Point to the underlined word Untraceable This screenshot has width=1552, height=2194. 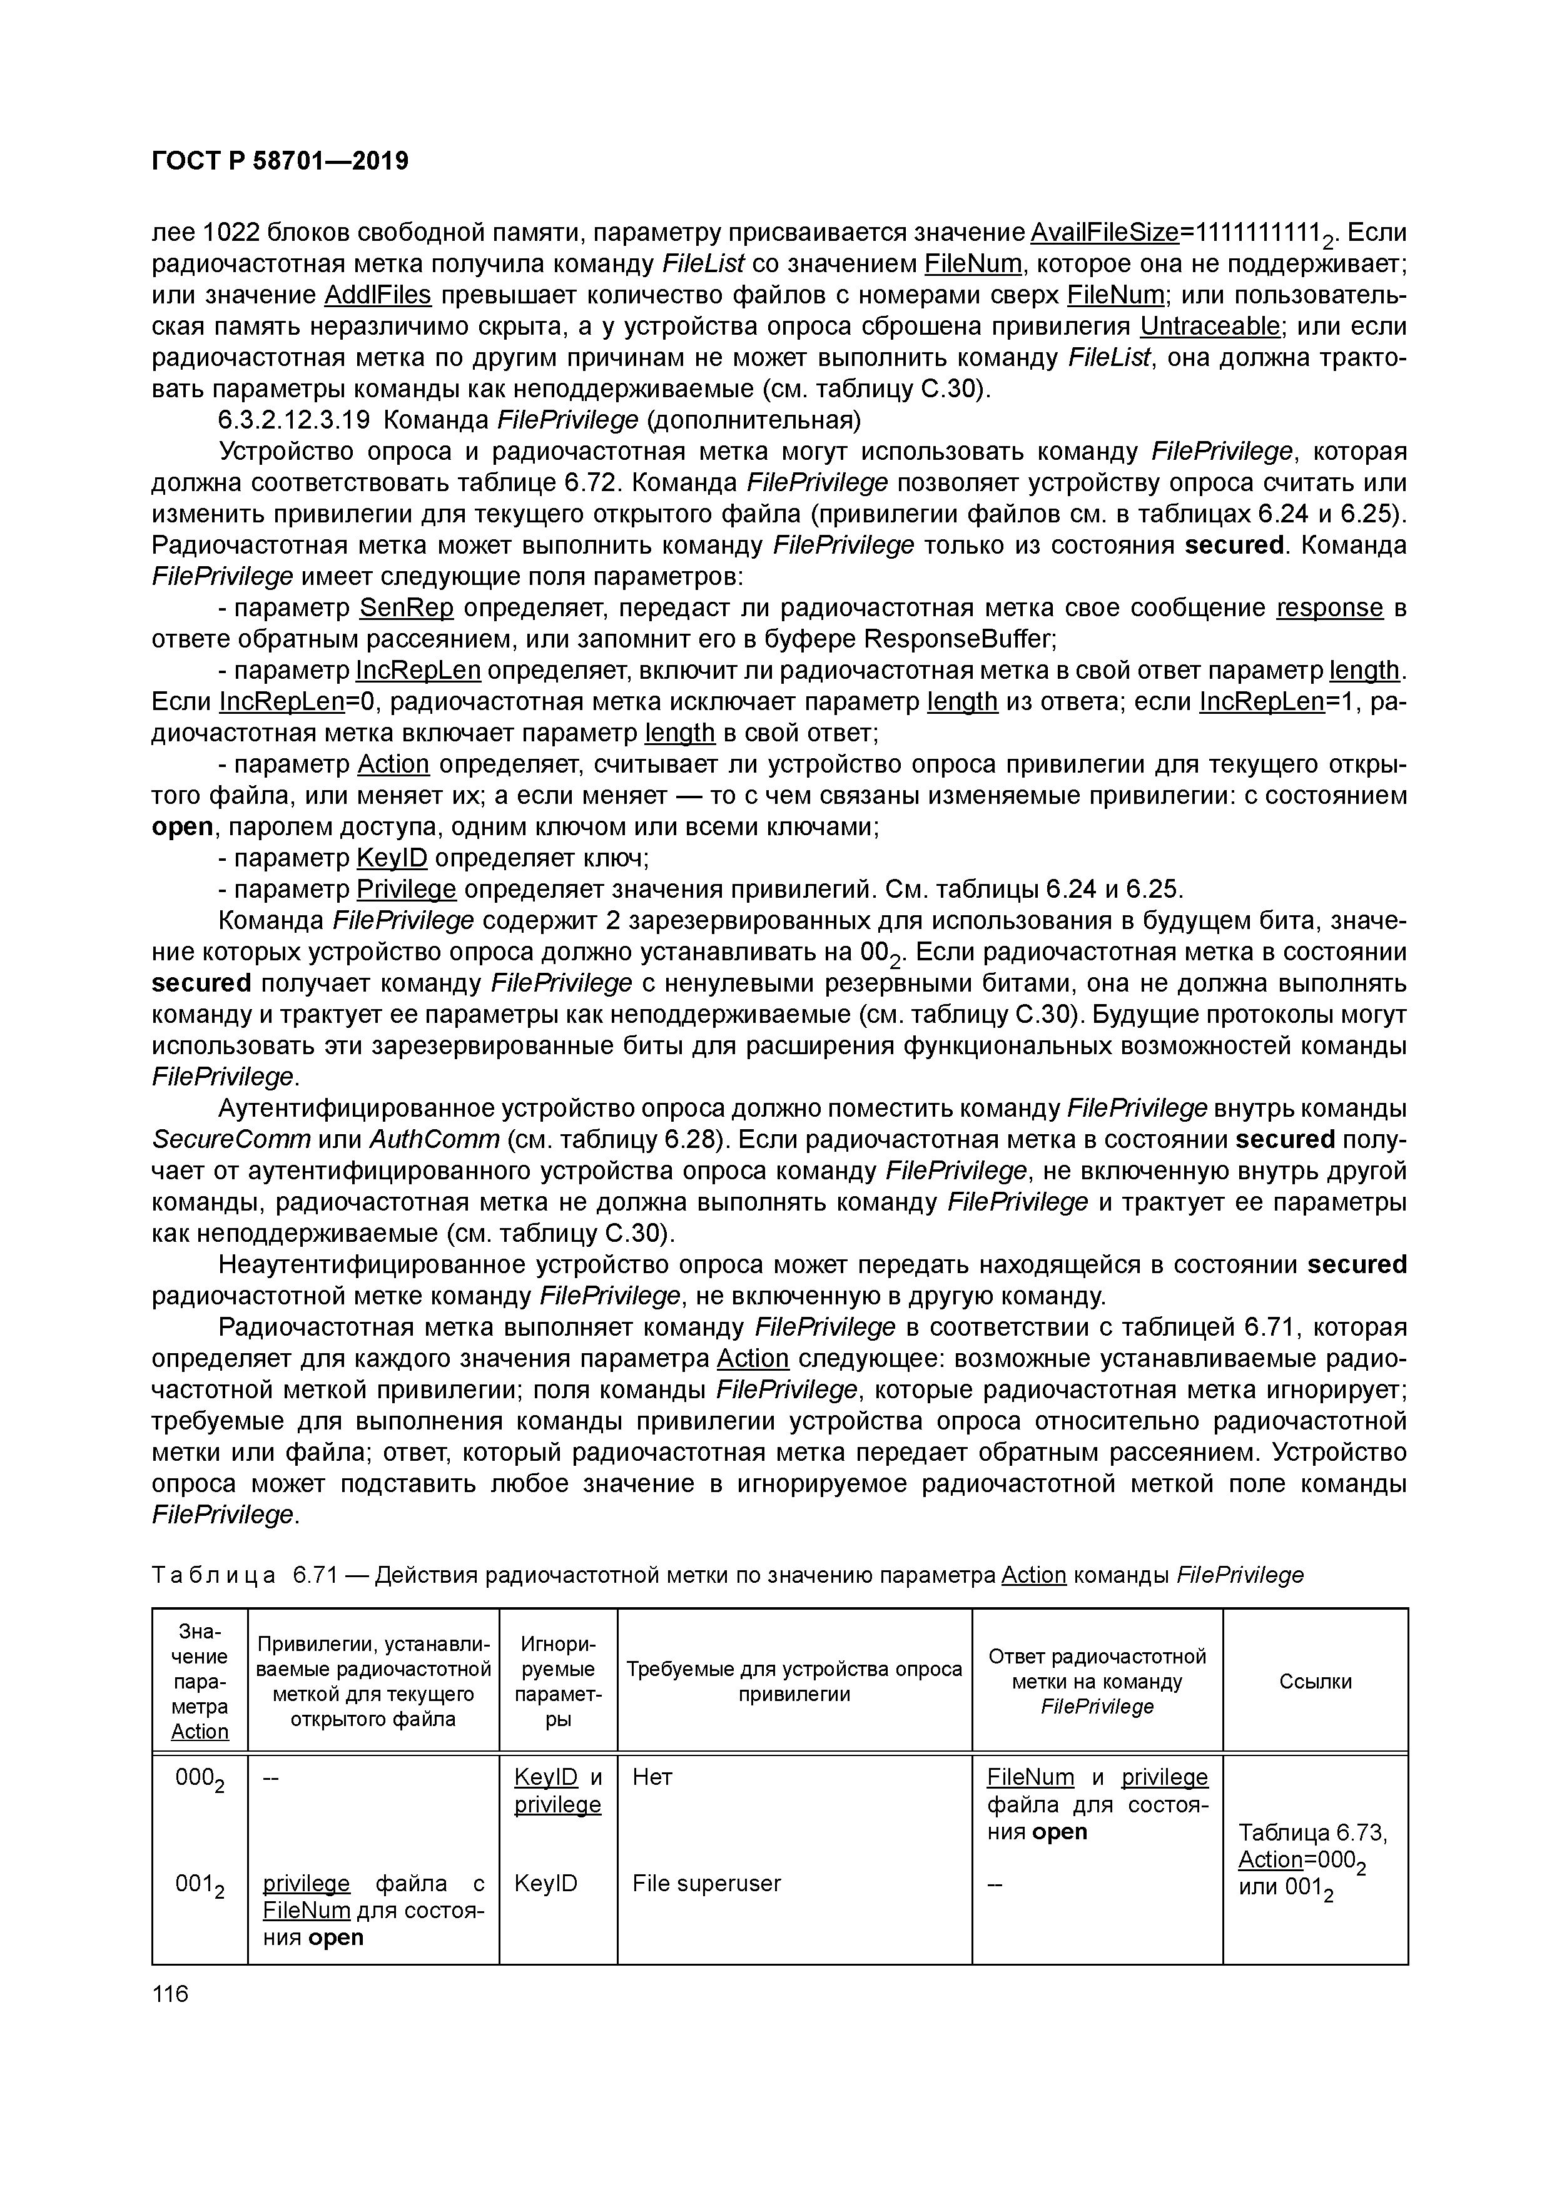click(x=1210, y=327)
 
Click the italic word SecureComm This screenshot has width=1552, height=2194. click(x=232, y=1140)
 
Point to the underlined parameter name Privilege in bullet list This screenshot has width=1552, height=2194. click(x=406, y=891)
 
